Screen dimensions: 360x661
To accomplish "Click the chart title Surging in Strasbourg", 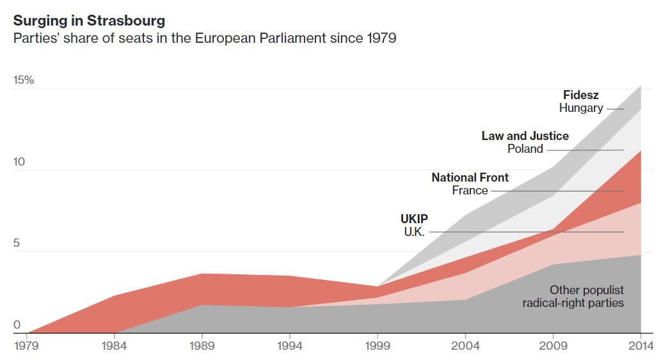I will coord(89,20).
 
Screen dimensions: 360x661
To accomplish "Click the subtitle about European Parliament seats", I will coord(205,38).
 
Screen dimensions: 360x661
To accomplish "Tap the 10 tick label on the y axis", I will coord(19,162).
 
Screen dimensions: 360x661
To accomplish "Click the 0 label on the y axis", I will coord(17,325).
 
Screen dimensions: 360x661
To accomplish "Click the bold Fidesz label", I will coord(580,95).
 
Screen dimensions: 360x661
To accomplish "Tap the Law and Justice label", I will coord(525,136).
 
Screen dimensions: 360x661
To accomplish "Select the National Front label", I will coord(470,177).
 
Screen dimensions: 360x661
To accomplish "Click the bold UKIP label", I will coord(414,219).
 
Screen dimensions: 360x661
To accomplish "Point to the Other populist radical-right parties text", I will coord(573,296).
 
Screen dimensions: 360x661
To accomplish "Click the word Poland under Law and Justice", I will coord(525,149).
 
